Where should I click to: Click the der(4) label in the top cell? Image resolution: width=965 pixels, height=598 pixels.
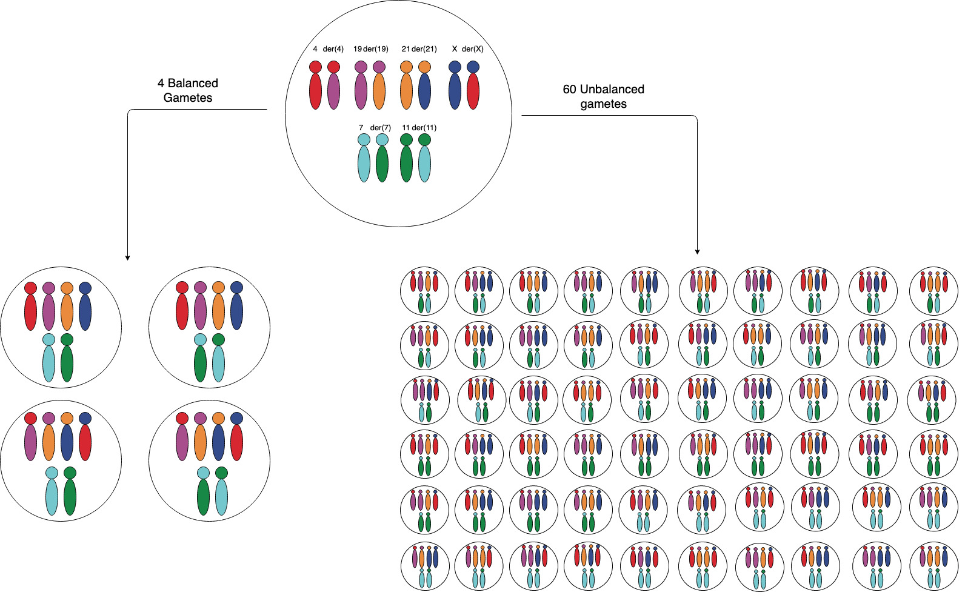333,49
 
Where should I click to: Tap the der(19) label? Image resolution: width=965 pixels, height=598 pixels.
376,49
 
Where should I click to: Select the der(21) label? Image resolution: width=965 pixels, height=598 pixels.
424,49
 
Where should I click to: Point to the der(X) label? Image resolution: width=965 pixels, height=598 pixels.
473,49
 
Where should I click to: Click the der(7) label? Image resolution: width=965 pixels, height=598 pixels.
381,128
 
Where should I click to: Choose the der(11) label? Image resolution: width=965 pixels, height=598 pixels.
424,128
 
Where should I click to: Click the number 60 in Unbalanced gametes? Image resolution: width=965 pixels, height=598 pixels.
570,89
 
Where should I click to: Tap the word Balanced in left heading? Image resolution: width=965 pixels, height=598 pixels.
193,83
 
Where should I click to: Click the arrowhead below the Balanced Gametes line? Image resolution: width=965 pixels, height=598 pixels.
127,258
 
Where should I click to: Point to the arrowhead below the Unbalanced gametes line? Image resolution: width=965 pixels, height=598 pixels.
697,252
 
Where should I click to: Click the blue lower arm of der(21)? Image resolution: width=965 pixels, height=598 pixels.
424,91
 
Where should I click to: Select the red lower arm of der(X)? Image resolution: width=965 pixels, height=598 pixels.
473,91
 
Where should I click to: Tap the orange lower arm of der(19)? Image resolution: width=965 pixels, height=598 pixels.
379,91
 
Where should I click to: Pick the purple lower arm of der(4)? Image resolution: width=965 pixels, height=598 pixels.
333,91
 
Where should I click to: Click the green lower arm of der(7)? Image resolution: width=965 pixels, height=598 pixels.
382,164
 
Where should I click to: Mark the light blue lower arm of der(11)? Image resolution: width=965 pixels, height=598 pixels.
424,164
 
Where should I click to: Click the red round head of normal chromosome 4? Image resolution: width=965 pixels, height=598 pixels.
315,67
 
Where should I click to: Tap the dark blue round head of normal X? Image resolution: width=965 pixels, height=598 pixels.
455,67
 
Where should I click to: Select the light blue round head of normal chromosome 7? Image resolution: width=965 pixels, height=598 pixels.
364,139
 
